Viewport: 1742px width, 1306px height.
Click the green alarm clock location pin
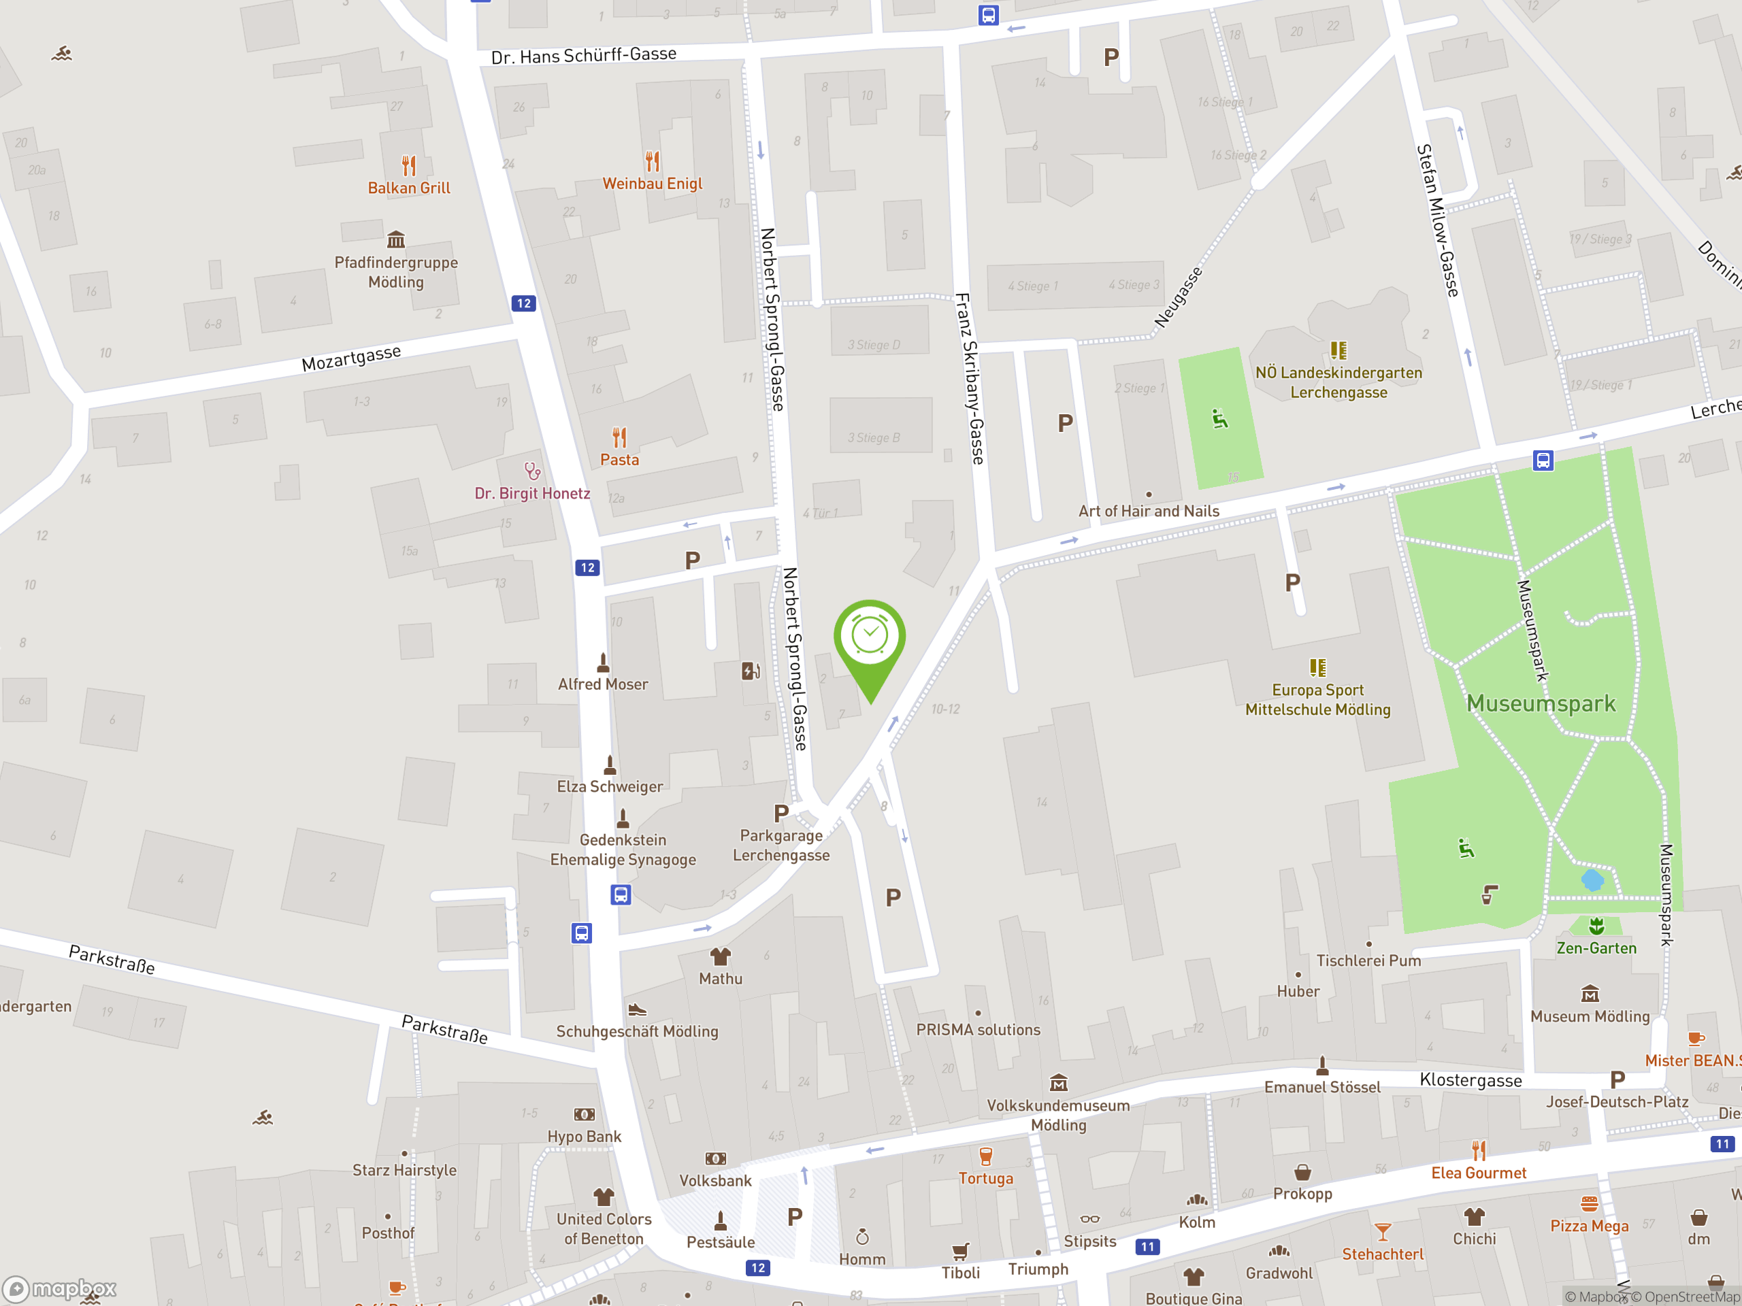[x=870, y=639]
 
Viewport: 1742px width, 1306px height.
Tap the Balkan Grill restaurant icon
[x=409, y=165]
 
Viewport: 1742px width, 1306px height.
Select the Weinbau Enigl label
[x=652, y=184]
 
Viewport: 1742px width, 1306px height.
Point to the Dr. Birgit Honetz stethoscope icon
[x=532, y=471]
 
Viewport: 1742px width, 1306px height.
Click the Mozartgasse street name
[x=351, y=358]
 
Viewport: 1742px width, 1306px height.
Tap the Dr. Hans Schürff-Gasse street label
[x=584, y=55]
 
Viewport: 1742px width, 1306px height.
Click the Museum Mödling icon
[x=1590, y=994]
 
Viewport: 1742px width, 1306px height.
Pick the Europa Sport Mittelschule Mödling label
[x=1317, y=700]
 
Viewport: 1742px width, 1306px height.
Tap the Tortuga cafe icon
[x=985, y=1156]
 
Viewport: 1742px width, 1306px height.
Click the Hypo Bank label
[x=584, y=1137]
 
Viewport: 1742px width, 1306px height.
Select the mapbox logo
[x=60, y=1289]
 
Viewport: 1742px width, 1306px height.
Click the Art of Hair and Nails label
[x=1148, y=511]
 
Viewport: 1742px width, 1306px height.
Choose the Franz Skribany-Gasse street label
[x=970, y=378]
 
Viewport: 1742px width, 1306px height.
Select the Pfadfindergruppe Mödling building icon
[x=396, y=239]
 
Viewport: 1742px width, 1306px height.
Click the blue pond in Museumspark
[x=1592, y=880]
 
